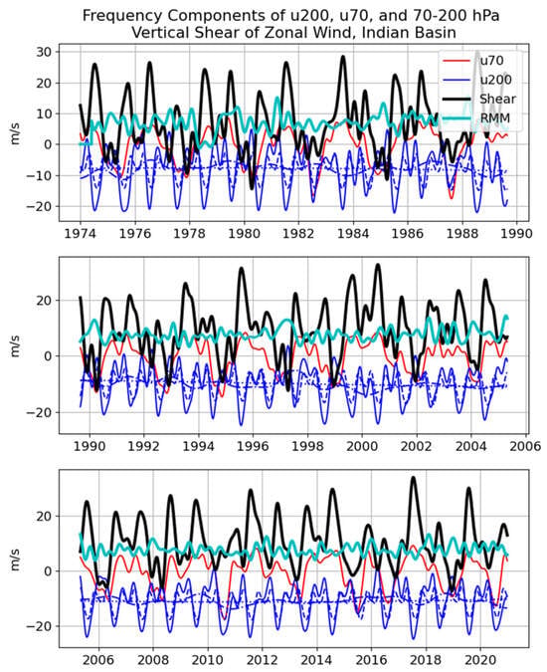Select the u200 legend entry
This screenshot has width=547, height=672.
476,80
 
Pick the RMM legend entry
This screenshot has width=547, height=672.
476,118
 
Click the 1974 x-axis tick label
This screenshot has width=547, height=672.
81,234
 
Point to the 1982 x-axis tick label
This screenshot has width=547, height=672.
298,234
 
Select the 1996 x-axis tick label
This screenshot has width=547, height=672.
254,446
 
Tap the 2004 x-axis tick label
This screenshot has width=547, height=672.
471,446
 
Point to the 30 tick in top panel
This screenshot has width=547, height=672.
44,52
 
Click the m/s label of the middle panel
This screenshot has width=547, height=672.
15,346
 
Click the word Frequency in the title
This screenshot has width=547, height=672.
120,16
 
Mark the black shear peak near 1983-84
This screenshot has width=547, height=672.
343,57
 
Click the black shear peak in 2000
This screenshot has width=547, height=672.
378,265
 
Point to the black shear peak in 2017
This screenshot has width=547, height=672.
413,478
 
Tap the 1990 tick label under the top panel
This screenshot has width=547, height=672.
517,234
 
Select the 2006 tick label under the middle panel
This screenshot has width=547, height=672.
525,446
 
